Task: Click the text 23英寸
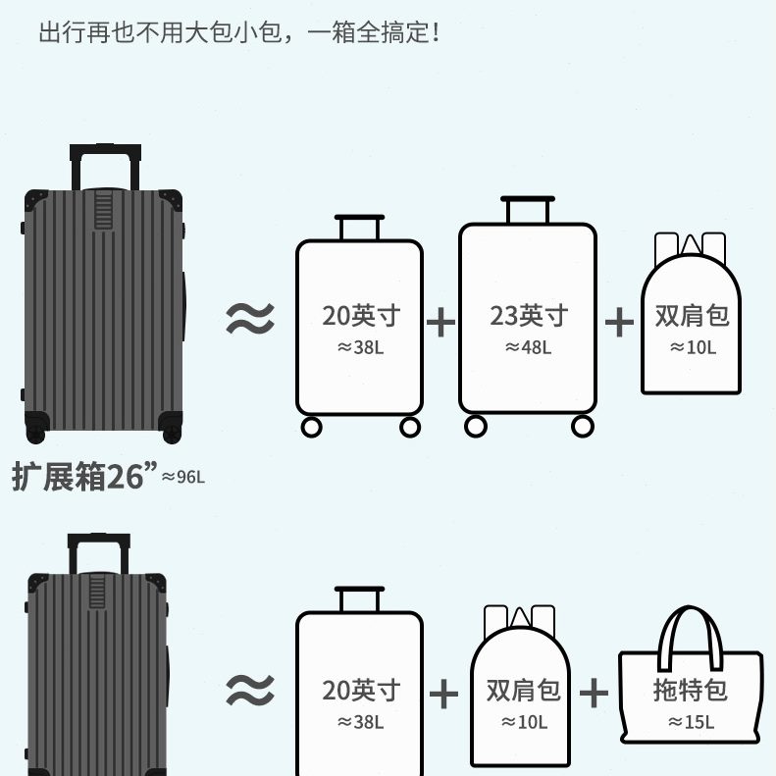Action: (529, 316)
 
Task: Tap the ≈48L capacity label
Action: (528, 346)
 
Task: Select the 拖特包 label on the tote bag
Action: (691, 690)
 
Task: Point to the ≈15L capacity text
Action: (691, 722)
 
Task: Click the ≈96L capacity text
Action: (183, 477)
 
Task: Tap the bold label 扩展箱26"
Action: (84, 476)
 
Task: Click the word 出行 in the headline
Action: (55, 32)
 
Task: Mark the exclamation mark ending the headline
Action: (435, 32)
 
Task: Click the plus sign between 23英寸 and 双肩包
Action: (619, 321)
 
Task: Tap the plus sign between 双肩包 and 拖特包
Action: (594, 693)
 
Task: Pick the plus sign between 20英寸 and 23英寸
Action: (441, 321)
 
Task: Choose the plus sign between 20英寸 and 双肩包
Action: (443, 694)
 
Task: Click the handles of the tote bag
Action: (691, 628)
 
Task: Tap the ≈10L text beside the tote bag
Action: (522, 722)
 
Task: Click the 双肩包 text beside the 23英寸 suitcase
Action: (693, 316)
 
